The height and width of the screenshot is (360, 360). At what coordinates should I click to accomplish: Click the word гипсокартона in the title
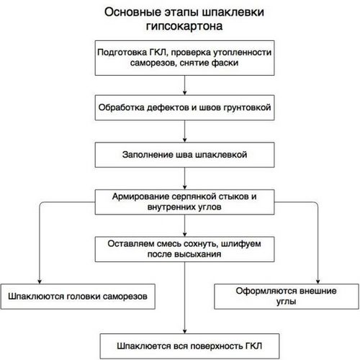[184, 27]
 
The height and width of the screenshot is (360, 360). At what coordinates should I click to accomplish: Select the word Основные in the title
[132, 12]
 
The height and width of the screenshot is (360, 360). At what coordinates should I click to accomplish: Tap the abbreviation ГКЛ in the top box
[158, 52]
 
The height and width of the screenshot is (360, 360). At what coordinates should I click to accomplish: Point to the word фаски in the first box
[225, 63]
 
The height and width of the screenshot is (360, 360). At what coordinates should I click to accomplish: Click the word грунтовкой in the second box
[247, 108]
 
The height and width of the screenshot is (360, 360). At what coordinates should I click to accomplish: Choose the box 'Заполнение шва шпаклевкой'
[184, 155]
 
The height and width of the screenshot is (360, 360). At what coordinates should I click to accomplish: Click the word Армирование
[140, 197]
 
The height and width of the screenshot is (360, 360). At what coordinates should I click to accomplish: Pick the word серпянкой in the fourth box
[194, 197]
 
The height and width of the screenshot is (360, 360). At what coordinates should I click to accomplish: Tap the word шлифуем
[240, 244]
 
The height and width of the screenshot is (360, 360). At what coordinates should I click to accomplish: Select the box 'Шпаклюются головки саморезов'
[78, 297]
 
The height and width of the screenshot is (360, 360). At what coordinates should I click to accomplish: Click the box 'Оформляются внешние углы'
[287, 297]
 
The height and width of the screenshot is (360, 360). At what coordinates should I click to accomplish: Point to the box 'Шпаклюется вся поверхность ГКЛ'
[189, 346]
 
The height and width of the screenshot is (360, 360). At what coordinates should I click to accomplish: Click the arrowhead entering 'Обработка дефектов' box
[184, 93]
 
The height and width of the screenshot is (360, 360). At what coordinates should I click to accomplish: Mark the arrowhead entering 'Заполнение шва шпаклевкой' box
[184, 140]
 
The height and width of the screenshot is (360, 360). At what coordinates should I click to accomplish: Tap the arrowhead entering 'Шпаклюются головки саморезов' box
[40, 282]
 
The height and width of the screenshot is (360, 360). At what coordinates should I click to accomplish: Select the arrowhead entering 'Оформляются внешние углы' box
[318, 282]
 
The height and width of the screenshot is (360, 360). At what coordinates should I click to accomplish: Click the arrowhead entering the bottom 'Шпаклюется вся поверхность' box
[184, 331]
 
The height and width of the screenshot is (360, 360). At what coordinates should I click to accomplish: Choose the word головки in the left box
[84, 297]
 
